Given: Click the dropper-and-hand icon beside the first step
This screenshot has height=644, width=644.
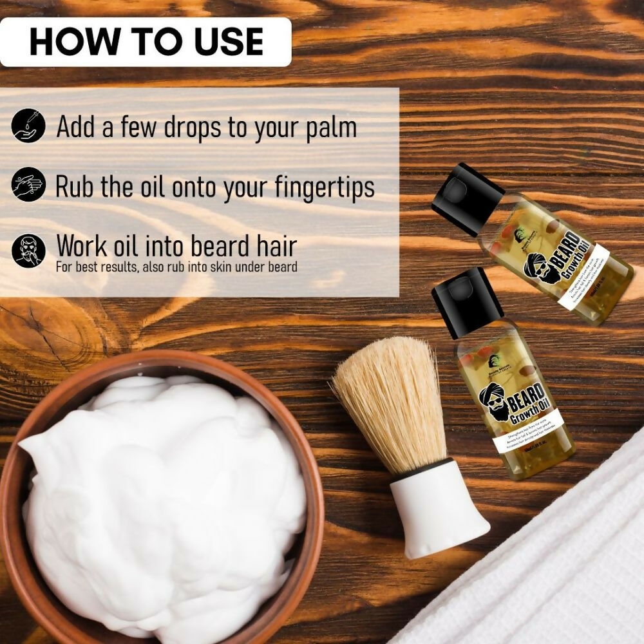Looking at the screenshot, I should point(28,126).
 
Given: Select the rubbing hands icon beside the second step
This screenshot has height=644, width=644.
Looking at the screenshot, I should point(28,186).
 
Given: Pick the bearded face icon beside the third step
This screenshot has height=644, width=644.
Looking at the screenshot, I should point(28,251).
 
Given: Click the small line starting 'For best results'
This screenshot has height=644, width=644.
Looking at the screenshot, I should point(176,267).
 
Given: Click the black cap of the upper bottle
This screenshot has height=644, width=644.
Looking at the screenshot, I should point(468,198).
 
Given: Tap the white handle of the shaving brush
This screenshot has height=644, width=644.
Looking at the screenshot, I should point(438,509).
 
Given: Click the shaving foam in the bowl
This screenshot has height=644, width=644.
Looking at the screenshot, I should point(161,489).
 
